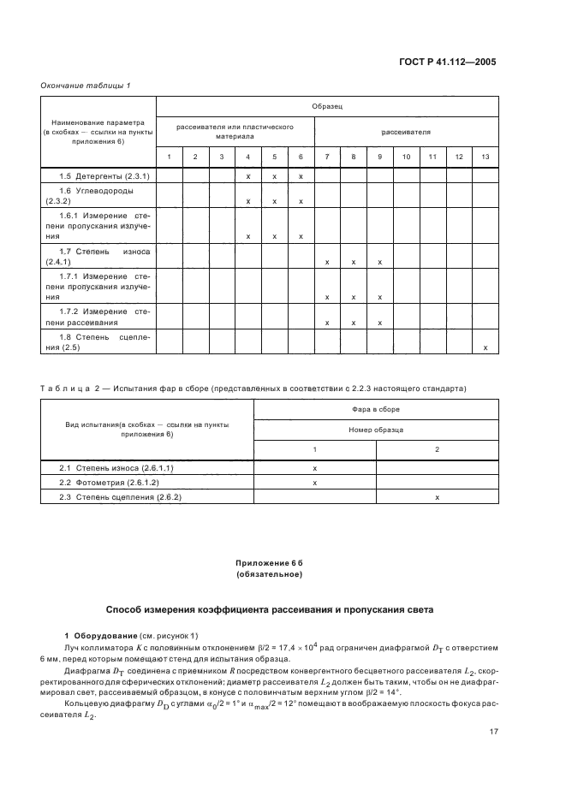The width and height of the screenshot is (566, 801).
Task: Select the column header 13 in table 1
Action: click(486, 157)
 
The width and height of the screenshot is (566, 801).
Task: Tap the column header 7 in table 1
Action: click(327, 157)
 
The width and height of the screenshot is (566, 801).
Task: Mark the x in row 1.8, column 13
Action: click(486, 347)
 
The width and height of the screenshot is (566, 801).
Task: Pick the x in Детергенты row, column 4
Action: click(247, 175)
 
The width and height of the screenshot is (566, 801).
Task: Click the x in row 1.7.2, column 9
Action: click(379, 323)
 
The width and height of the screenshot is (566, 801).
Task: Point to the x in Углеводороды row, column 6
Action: click(301, 201)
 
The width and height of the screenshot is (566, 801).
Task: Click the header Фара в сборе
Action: click(376, 409)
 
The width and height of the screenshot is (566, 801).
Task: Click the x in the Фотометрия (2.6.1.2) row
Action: click(314, 483)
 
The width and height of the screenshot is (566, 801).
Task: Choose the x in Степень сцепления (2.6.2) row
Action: click(437, 496)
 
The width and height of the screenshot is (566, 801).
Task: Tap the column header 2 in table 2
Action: click(437, 449)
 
